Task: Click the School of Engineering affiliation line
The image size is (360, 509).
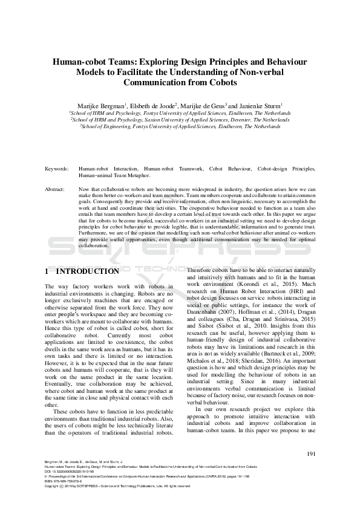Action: point(180,127)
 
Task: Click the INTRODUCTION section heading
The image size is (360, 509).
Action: point(91,271)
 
